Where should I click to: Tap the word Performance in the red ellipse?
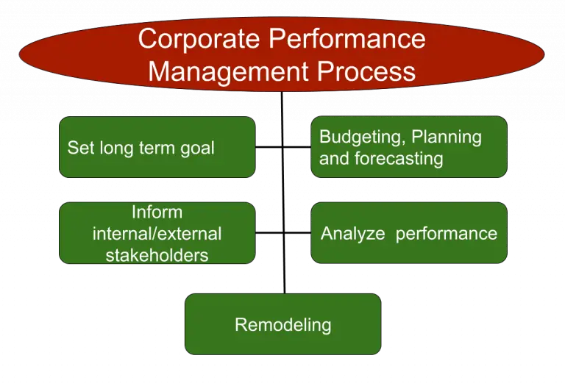(345, 38)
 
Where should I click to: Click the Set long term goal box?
(157, 147)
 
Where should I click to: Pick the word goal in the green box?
(197, 148)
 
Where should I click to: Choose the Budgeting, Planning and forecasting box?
(409, 147)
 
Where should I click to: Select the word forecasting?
(397, 158)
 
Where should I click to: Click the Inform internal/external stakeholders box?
(157, 233)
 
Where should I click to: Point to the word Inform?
(157, 212)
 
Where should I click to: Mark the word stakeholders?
(157, 255)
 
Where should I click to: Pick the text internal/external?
(157, 234)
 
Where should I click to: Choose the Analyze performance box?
(409, 233)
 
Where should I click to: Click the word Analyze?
(353, 234)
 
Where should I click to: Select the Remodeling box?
(282, 324)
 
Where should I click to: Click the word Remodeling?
(282, 324)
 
